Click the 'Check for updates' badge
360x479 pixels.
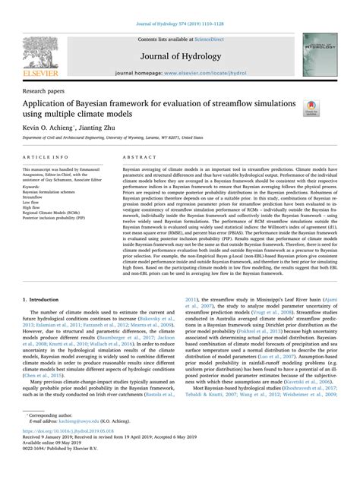point(311,109)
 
